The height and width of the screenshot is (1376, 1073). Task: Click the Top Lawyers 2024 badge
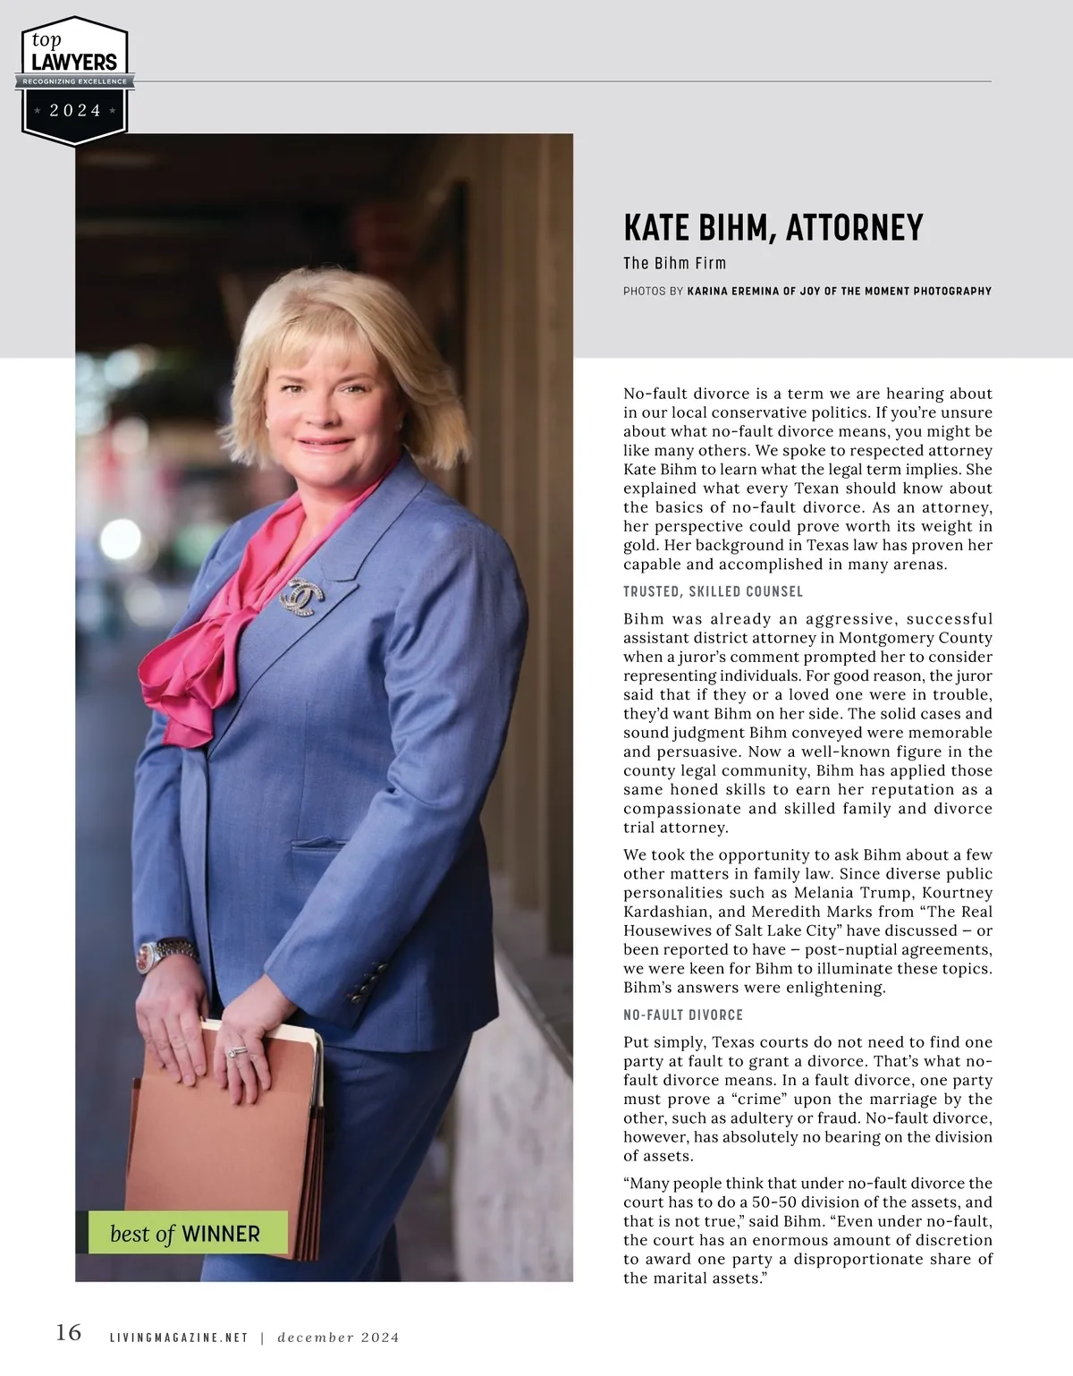point(75,81)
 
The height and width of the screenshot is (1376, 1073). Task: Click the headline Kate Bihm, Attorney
point(773,228)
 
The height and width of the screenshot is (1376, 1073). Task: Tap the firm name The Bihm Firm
point(674,263)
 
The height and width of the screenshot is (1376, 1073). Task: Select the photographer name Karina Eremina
point(733,291)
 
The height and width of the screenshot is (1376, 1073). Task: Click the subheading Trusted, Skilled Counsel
point(713,591)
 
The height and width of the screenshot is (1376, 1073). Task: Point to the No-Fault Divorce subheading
point(683,1015)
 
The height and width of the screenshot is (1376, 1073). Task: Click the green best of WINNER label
point(187,1234)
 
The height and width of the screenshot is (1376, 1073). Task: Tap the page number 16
point(69,1332)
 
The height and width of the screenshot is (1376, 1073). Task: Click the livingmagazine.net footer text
point(178,1338)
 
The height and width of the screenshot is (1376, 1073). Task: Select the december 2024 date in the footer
point(338,1338)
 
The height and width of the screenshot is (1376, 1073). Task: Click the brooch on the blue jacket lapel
point(304,595)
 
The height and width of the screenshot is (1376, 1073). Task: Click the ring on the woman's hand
point(236,1052)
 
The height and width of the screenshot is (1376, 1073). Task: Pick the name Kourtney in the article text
point(957,893)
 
